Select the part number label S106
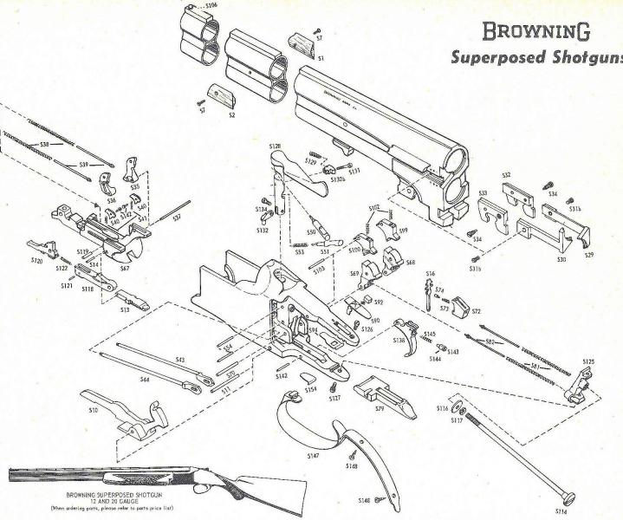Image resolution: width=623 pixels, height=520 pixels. pyautogui.click(x=209, y=5)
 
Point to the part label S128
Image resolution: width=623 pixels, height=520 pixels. pyautogui.click(x=275, y=146)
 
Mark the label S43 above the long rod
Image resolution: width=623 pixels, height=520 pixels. pyautogui.click(x=180, y=359)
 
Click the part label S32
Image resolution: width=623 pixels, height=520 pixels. pyautogui.click(x=508, y=176)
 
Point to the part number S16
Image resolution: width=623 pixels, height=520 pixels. pyautogui.click(x=430, y=274)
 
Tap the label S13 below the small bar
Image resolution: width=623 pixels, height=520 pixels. pyautogui.click(x=125, y=309)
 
